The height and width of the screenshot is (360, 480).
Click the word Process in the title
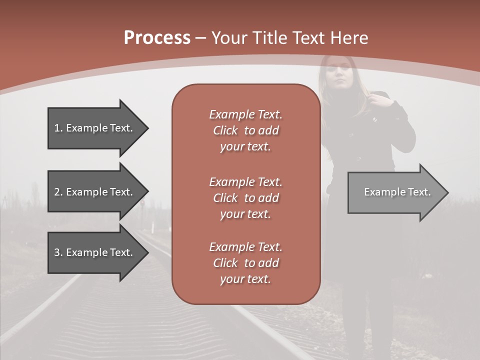pos(157,38)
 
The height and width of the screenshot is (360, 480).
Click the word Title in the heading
pos(271,38)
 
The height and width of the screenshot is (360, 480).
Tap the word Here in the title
pos(349,38)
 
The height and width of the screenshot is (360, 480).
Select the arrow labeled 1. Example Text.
pos(95,128)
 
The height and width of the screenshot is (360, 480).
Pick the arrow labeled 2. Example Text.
pos(95,192)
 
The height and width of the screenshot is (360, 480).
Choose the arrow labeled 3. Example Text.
pos(95,252)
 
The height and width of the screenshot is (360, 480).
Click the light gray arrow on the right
pos(395,192)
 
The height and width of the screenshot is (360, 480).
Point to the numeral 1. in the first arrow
pos(58,128)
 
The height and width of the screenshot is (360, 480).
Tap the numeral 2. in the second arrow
pos(58,192)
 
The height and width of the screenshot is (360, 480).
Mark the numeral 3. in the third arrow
pos(58,252)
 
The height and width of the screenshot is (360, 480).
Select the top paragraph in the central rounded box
pos(245,130)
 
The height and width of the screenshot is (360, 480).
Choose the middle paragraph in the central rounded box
pos(245,197)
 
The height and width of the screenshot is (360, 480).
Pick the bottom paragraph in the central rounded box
pos(245,263)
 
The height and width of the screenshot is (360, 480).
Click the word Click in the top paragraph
pos(225,130)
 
